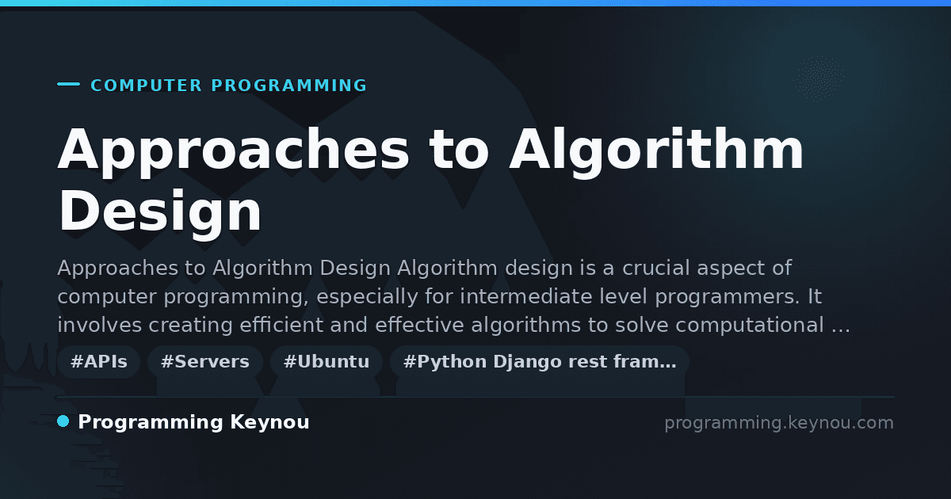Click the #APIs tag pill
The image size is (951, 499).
98,361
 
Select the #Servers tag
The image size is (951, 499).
205,361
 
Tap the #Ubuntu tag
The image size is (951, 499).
327,361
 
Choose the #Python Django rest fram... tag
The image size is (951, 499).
540,361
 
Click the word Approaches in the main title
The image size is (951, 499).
234,150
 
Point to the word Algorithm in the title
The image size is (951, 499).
656,150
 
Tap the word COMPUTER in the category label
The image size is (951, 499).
147,86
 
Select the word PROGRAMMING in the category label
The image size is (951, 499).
289,86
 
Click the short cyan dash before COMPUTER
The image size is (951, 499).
68,84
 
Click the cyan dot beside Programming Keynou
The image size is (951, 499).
63,421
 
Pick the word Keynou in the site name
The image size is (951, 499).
269,422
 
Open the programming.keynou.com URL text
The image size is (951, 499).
779,423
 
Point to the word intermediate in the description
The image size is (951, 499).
526,296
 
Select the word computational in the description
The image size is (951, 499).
750,325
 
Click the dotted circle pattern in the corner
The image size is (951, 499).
819,79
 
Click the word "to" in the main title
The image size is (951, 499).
459,150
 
